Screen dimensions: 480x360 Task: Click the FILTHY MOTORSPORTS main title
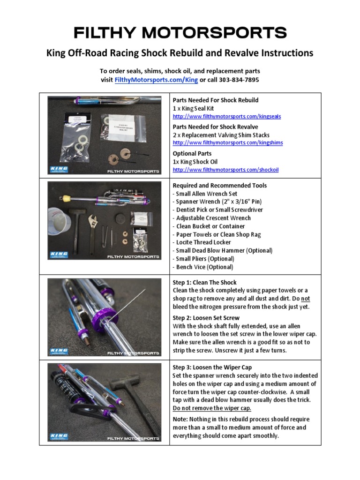[x=180, y=33]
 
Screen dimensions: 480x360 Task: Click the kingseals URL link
[x=226, y=116]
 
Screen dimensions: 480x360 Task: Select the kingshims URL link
[x=227, y=143]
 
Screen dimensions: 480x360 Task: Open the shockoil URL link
[x=225, y=170]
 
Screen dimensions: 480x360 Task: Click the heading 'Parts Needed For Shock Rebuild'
[x=215, y=100]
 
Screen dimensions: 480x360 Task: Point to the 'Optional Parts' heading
[x=192, y=154]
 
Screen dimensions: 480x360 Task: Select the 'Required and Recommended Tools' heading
[x=219, y=186]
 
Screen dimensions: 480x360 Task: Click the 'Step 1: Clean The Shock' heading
[x=204, y=283]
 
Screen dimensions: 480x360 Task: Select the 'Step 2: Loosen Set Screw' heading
[x=206, y=318]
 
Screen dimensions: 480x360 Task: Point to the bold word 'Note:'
[x=180, y=420]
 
